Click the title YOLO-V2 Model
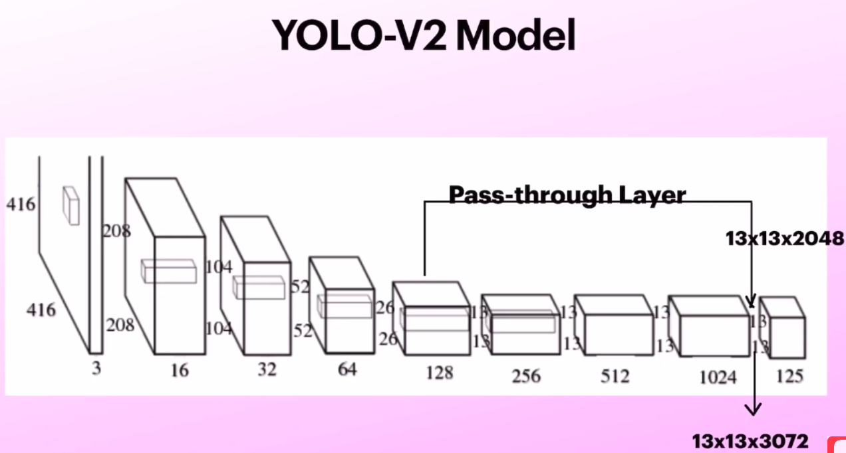[423, 37]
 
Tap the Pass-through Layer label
[567, 195]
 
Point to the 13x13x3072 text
[750, 441]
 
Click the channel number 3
[96, 367]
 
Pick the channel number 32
[266, 369]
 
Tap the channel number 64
[347, 369]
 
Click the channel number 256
[525, 376]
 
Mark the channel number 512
[615, 376]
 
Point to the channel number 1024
[718, 377]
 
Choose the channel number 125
[789, 376]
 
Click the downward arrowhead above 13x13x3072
[753, 408]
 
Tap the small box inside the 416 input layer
[71, 205]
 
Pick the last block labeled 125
[783, 329]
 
